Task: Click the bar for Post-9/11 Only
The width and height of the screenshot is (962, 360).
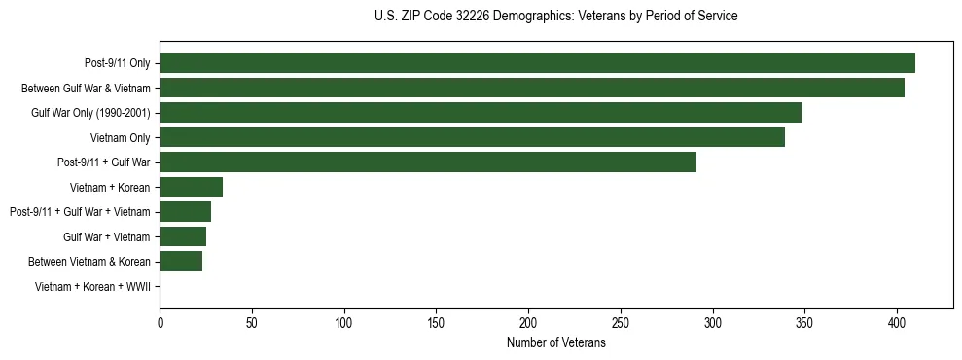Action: pyautogui.click(x=537, y=63)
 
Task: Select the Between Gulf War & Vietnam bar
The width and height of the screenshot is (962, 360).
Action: pyautogui.click(x=532, y=88)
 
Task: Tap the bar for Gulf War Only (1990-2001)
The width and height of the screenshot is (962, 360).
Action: pyautogui.click(x=481, y=113)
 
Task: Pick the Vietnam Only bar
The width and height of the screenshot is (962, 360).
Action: pyautogui.click(x=472, y=137)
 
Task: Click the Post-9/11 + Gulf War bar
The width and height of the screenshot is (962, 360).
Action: pyautogui.click(x=428, y=162)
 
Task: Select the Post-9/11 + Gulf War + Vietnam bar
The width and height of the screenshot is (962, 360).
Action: pyautogui.click(x=186, y=212)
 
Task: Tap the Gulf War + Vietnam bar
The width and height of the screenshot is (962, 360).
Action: pyautogui.click(x=183, y=236)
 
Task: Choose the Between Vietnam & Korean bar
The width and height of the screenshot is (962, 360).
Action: pyautogui.click(x=181, y=262)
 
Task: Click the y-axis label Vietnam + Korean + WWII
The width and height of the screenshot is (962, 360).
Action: pyautogui.click(x=92, y=287)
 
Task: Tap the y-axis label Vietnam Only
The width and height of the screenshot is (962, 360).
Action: pyautogui.click(x=120, y=138)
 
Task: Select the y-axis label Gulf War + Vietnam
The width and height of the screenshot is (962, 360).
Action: pyautogui.click(x=106, y=237)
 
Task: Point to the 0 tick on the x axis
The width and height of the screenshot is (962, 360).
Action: pyautogui.click(x=160, y=321)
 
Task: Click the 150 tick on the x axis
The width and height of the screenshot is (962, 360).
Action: pyautogui.click(x=437, y=321)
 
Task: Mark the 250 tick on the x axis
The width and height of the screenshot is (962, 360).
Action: pyautogui.click(x=621, y=321)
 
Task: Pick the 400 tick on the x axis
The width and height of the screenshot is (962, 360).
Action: pyautogui.click(x=897, y=321)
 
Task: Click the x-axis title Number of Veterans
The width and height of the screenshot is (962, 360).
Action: pyautogui.click(x=556, y=343)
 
